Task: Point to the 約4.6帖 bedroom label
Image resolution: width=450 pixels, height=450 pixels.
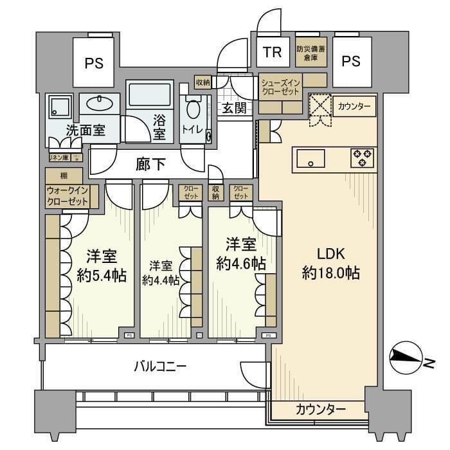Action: [x=241, y=254]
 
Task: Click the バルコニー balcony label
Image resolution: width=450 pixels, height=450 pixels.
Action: [x=160, y=367]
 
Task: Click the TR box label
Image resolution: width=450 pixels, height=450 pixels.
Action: [x=273, y=53]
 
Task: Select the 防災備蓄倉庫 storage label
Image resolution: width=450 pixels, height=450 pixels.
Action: [x=311, y=52]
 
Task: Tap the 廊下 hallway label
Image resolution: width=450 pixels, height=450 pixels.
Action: [x=150, y=165]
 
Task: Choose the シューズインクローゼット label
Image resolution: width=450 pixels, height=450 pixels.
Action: [x=280, y=87]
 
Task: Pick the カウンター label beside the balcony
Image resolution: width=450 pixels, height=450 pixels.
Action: [x=321, y=410]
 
